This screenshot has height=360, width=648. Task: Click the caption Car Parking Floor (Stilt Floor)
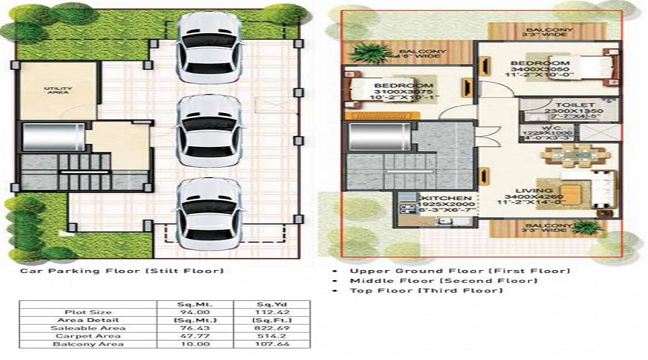click(x=121, y=271)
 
